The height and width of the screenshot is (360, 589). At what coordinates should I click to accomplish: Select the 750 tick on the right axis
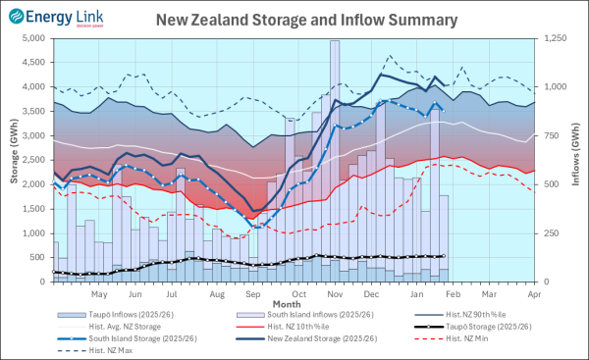click(x=554, y=135)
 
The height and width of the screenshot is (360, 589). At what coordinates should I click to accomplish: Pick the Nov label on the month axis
click(x=335, y=293)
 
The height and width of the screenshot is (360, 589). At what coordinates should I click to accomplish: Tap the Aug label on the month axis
click(x=217, y=293)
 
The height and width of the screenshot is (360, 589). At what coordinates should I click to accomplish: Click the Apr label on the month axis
click(x=535, y=293)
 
